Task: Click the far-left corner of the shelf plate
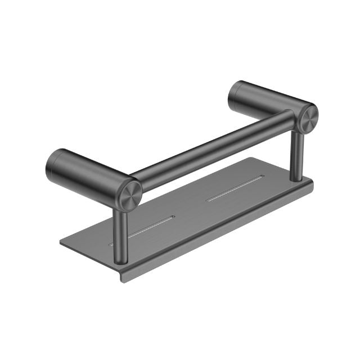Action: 61,244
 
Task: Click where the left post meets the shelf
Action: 121,259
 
